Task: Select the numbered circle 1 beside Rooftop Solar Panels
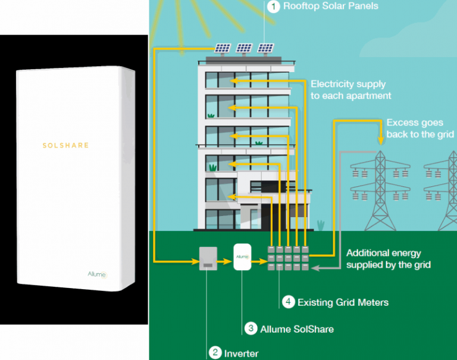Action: point(273,7)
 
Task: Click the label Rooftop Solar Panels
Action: point(331,7)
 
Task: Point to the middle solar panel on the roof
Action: point(245,48)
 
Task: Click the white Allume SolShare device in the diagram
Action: point(242,257)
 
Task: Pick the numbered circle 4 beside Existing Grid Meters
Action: point(288,302)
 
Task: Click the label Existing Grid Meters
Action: point(343,302)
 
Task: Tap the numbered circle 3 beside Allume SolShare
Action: point(251,328)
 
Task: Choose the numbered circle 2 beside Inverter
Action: point(215,353)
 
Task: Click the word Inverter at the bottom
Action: point(241,353)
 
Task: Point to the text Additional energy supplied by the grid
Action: point(387,258)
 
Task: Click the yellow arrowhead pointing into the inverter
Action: point(193,260)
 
